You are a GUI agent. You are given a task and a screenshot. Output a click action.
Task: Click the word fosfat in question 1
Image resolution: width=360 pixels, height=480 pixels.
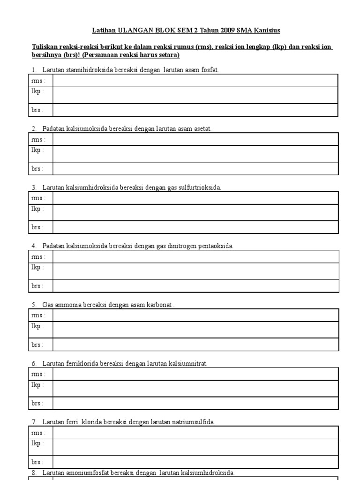click(209, 70)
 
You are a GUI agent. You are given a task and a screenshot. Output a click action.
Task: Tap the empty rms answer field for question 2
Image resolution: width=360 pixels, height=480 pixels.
click(195, 139)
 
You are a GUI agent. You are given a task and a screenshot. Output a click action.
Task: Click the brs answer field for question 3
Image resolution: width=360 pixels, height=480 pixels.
click(195, 227)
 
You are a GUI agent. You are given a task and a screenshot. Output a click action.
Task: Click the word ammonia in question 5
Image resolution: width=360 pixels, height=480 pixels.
click(68, 305)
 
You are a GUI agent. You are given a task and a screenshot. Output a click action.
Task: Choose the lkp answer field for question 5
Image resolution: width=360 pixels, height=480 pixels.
click(195, 330)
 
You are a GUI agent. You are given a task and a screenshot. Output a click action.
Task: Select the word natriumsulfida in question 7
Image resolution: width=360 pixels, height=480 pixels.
click(194, 422)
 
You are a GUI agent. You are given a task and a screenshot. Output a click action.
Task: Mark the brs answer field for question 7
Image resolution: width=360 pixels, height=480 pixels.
click(195, 462)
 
